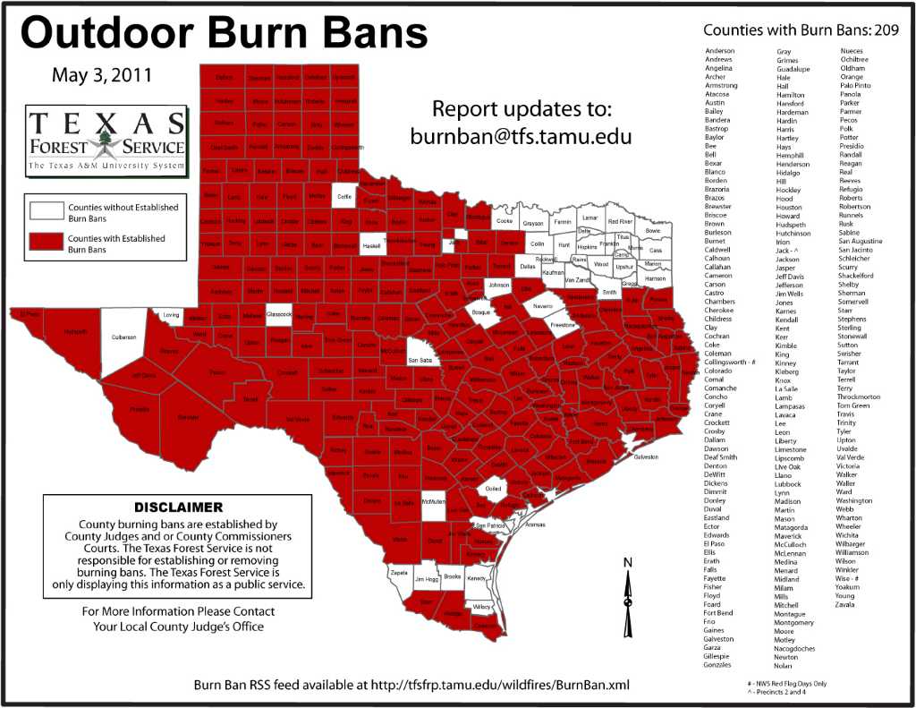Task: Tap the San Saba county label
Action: click(x=420, y=360)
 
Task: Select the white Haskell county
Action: click(x=373, y=242)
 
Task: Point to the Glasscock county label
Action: click(x=279, y=315)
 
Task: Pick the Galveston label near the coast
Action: click(x=645, y=456)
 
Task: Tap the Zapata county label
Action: click(x=399, y=570)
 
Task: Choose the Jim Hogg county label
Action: click(x=425, y=581)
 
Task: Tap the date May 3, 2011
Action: click(x=101, y=74)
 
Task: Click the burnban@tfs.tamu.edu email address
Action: click(x=522, y=137)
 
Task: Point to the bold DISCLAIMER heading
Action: click(x=179, y=507)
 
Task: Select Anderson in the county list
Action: click(x=720, y=51)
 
